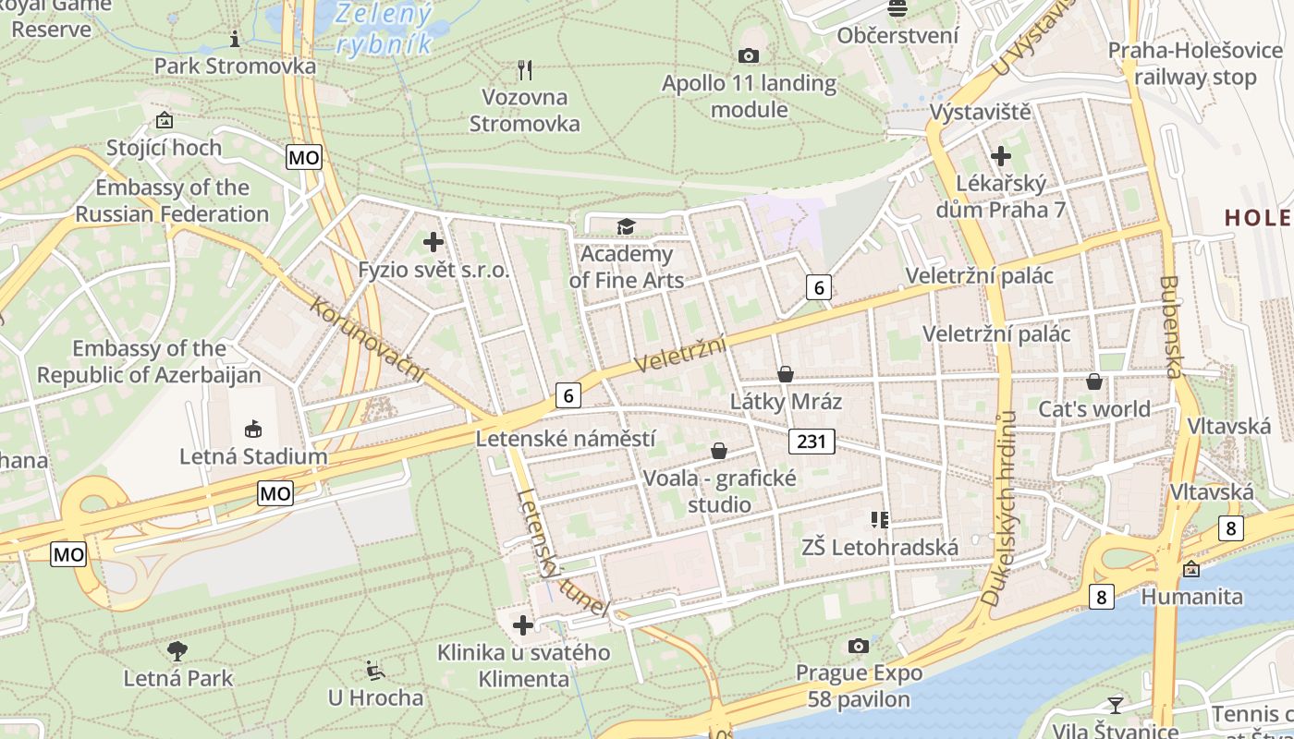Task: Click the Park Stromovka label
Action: (235, 67)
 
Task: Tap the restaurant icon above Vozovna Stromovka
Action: (525, 69)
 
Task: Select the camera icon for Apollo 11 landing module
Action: (749, 56)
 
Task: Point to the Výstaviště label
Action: (980, 113)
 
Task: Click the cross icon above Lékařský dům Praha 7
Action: (1000, 156)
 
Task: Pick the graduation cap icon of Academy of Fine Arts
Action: (627, 226)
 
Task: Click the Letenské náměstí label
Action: (566, 438)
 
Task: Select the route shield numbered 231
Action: (812, 442)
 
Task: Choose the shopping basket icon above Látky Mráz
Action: (786, 374)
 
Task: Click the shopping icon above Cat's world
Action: (1094, 382)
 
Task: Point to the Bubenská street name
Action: (1171, 327)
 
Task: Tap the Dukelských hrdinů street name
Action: (1000, 508)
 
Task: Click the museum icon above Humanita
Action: (1191, 569)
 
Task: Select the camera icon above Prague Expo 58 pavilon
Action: (859, 645)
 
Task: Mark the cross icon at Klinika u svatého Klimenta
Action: (523, 625)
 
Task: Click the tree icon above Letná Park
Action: (177, 651)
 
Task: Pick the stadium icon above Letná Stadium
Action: (253, 429)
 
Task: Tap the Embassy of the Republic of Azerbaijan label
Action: (149, 362)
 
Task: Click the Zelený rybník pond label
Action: (385, 28)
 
